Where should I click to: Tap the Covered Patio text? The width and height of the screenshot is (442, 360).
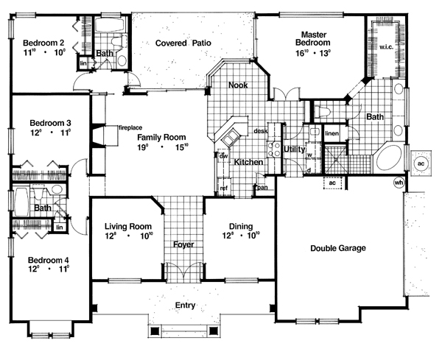(x=183, y=43)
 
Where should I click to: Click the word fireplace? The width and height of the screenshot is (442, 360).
(x=130, y=128)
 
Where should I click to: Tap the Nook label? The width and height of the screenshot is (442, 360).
(x=236, y=85)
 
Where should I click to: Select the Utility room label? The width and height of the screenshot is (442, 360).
(x=294, y=149)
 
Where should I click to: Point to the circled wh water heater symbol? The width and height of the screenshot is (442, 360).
(x=399, y=183)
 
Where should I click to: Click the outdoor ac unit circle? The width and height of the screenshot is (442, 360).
(x=421, y=163)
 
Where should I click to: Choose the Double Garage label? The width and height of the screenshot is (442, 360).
(x=337, y=248)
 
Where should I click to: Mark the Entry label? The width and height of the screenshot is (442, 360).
(x=184, y=305)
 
